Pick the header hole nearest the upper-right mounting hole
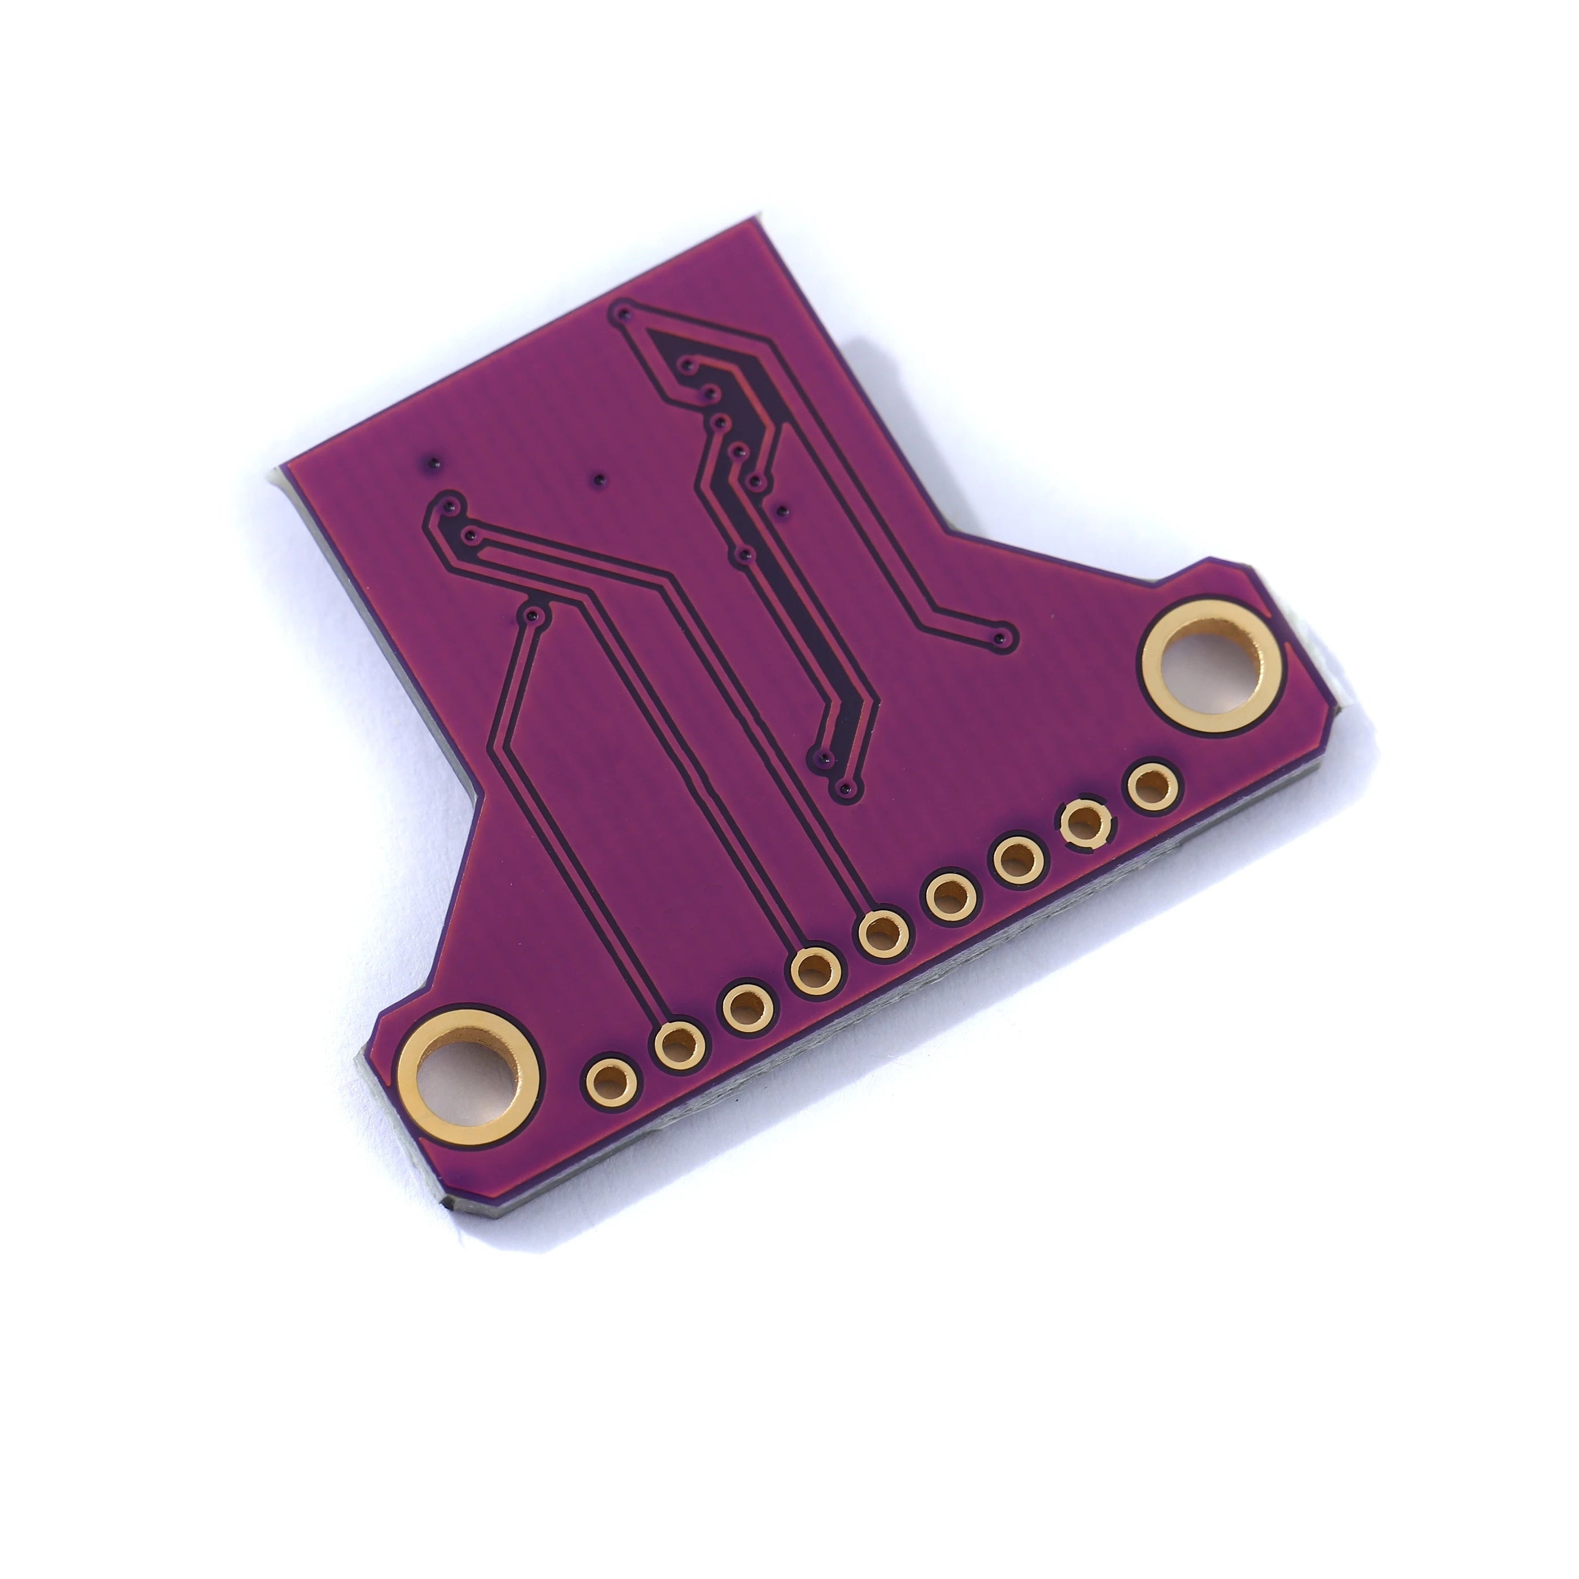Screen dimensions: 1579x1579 click(x=1153, y=787)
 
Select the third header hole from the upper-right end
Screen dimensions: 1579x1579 click(x=1019, y=860)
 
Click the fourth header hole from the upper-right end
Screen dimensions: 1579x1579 click(x=951, y=897)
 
